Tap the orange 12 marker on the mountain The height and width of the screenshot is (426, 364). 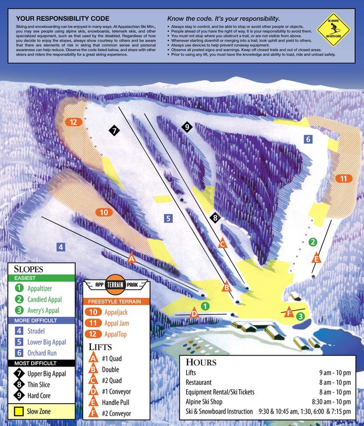pos(73,122)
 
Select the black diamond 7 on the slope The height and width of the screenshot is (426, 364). pos(114,131)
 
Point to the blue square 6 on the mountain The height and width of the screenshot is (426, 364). pos(308,139)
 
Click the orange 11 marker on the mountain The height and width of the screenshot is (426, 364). pos(342,178)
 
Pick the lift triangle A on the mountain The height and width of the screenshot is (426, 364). pos(131,259)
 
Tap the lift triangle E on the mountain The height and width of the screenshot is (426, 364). pos(316,258)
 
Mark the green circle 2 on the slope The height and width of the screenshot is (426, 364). pos(312,242)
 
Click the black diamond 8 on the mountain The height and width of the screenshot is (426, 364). pos(214,217)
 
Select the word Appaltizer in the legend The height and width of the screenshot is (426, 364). pos(40,288)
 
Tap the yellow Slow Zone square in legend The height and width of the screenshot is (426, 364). pos(19,411)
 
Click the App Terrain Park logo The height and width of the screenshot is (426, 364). pos(116,284)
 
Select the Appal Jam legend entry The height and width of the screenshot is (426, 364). pos(117,323)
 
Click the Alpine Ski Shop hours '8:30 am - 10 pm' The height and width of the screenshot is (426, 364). pos(331,401)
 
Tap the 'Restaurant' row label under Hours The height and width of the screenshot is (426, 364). pos(199,382)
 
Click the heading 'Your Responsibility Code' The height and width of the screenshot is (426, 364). pos(62,18)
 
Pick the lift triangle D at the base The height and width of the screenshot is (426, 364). pos(194,314)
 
